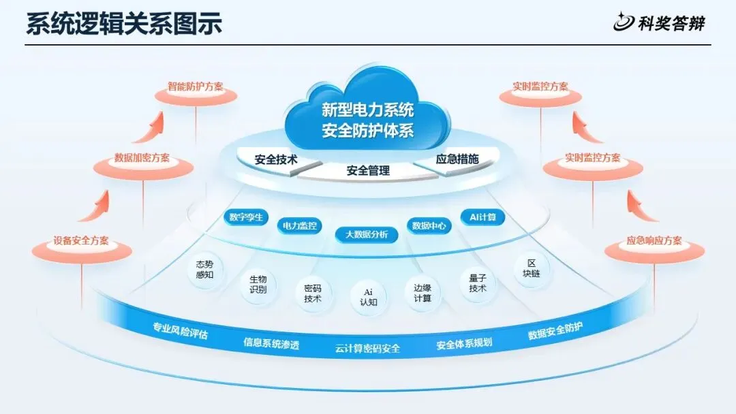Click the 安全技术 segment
point(277,161)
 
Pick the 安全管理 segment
point(368,171)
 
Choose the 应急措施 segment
point(457,159)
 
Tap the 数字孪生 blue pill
point(246,218)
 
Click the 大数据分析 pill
point(366,234)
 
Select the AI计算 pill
point(482,217)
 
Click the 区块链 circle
point(532,268)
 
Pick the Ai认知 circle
point(369,297)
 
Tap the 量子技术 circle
point(478,283)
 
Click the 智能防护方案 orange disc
point(196,89)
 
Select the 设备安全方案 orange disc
point(81,243)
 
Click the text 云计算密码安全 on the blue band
point(367,349)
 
